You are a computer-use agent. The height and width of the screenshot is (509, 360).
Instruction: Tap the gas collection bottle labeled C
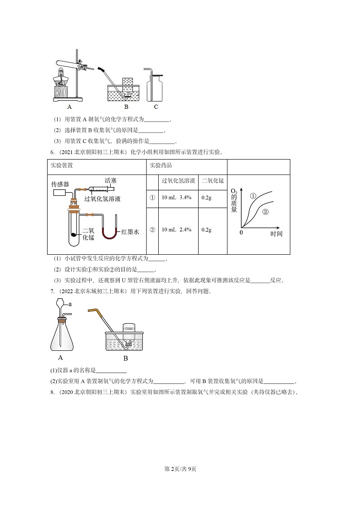155,87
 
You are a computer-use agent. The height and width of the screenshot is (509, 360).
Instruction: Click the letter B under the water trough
126,107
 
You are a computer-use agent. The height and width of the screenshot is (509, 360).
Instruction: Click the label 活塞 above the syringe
110,179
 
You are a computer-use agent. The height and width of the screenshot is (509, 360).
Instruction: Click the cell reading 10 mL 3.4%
177,198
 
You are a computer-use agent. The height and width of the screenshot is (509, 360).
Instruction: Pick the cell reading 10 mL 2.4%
177,230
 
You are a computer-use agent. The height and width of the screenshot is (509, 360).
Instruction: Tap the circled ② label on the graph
266,212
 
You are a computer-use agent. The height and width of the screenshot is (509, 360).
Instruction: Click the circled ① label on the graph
253,196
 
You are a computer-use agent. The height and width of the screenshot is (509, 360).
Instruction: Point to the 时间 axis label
276,234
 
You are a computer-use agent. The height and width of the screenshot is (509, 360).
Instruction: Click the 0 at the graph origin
241,233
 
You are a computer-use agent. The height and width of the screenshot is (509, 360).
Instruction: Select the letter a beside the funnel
70,305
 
